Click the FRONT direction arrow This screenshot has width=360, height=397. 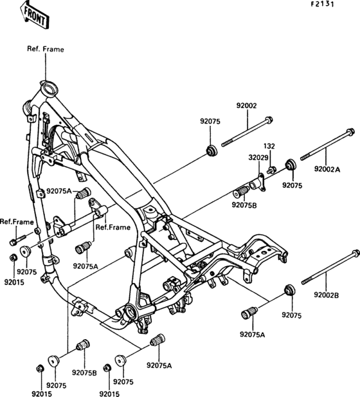(35, 15)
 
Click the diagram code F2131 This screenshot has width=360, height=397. (323, 5)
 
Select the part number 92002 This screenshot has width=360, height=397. (246, 106)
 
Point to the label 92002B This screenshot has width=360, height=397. (327, 295)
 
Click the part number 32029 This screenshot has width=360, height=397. (258, 158)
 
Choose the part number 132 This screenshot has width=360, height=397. (269, 146)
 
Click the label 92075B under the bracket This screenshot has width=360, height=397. (244, 205)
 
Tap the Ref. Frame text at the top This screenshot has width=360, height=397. (46, 49)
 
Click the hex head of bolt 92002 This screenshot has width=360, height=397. (269, 120)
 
